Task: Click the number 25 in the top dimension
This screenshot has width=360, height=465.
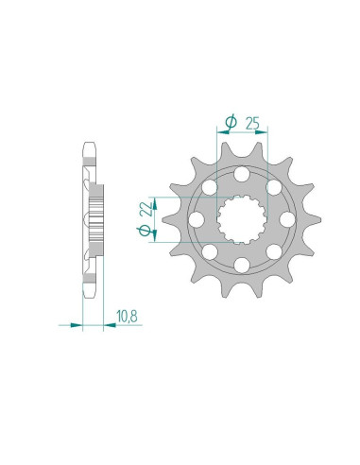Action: [254, 121]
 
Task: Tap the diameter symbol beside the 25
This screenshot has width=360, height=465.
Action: [230, 121]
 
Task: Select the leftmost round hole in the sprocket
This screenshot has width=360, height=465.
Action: [197, 219]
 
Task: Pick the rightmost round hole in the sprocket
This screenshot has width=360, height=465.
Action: [286, 219]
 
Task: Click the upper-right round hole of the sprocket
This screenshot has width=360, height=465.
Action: [274, 187]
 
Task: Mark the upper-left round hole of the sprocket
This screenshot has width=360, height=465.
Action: [211, 187]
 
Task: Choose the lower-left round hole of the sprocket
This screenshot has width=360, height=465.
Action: [211, 251]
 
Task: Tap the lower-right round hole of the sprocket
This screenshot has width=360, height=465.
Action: [274, 251]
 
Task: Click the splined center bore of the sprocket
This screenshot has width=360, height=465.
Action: [242, 219]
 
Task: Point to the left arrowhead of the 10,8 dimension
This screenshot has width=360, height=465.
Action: [78, 327]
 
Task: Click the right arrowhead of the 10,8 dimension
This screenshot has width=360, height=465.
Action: [101, 327]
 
